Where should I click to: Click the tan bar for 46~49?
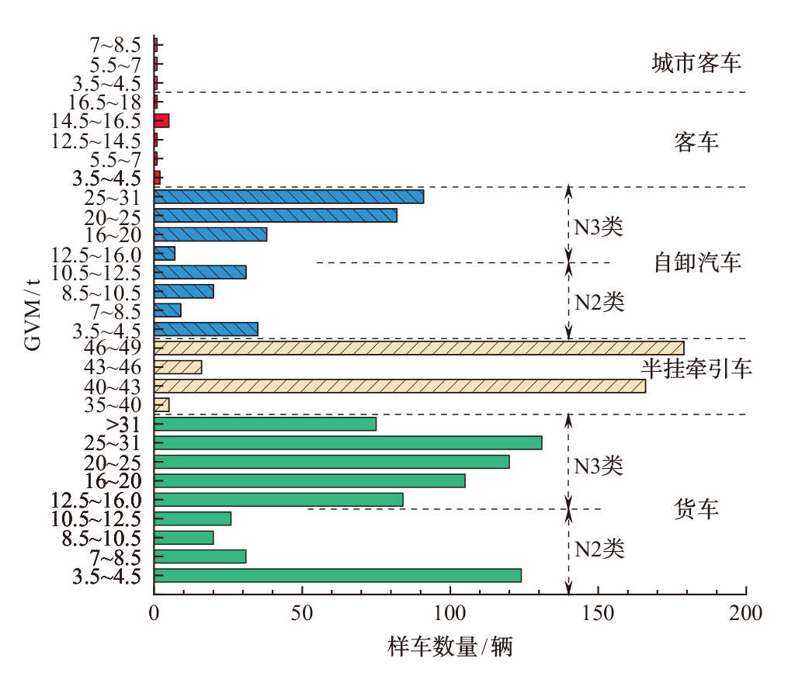tap(419, 348)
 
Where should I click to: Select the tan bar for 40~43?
tap(400, 386)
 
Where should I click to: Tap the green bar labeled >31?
tap(266, 424)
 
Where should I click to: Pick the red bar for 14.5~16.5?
tap(161, 120)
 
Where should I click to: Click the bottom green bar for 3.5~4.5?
tap(338, 575)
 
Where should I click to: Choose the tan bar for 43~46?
tap(179, 367)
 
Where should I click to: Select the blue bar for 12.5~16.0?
tap(165, 253)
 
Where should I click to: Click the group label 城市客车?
tap(696, 63)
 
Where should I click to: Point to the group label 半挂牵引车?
tap(696, 369)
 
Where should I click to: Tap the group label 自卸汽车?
tap(697, 262)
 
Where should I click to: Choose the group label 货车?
tap(696, 509)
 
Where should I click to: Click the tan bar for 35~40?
tap(161, 405)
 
